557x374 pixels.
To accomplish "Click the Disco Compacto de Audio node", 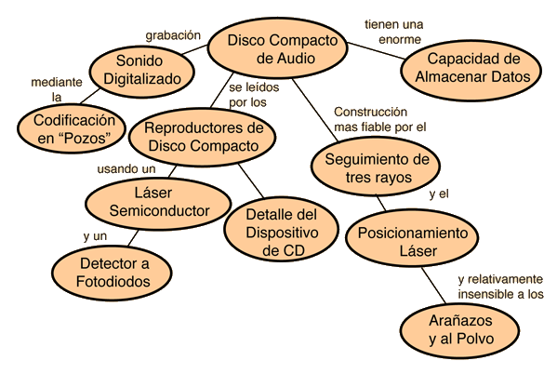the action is (277, 48).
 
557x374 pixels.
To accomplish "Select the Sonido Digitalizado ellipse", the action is (141, 71).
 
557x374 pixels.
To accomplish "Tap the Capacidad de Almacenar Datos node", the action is (471, 71).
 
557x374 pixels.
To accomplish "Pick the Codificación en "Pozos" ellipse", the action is (72, 128).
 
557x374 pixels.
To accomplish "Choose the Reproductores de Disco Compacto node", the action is (203, 138).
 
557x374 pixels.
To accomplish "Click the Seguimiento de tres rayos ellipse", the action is (376, 167).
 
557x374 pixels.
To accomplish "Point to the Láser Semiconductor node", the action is (158, 203).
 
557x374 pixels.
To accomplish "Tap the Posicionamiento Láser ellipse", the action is (412, 237).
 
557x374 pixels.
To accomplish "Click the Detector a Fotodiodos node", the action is (113, 273).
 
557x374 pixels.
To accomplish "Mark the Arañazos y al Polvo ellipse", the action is (460, 330).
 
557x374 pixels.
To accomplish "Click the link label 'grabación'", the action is (173, 35).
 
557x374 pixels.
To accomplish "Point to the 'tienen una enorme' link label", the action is (394, 32).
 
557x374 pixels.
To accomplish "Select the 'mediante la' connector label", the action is (57, 89).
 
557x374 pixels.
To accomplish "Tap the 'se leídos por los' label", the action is (254, 95).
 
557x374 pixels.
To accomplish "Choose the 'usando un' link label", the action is (126, 169).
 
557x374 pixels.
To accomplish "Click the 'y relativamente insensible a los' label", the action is (500, 287).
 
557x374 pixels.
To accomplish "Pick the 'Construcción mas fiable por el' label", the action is (380, 119).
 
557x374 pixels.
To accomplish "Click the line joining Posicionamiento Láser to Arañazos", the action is (433, 285).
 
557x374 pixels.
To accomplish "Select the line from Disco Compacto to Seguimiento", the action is (314, 110).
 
